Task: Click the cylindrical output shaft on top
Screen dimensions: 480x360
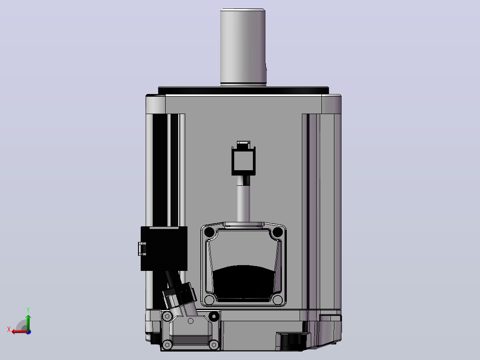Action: click(243, 47)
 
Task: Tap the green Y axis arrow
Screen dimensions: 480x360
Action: click(28, 322)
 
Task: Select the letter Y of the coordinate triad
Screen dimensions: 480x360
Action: click(28, 310)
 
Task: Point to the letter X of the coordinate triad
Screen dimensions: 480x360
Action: click(9, 329)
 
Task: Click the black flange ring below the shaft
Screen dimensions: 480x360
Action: click(244, 90)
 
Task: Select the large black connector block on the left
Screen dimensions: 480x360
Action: click(164, 249)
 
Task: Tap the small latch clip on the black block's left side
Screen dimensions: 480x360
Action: click(142, 249)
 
